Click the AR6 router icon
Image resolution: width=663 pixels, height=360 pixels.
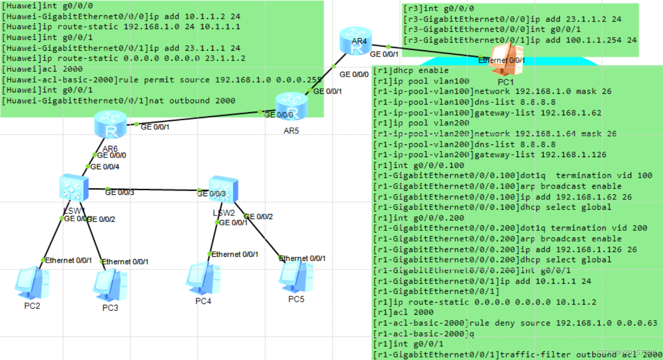pos(109,124)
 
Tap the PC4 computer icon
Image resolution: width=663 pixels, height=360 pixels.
pos(203,280)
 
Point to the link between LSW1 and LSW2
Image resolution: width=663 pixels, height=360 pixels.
pos(148,189)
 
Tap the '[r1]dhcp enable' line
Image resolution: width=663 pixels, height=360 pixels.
pos(411,70)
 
